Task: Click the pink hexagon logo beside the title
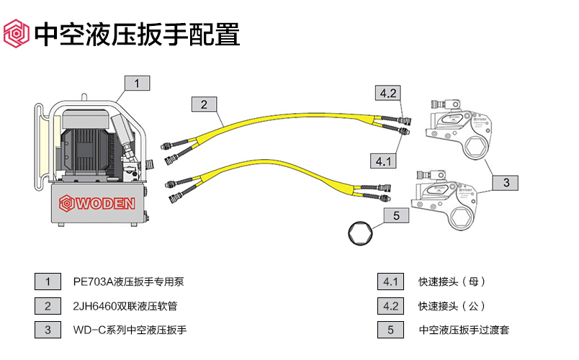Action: [17, 34]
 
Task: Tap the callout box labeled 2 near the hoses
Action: [204, 104]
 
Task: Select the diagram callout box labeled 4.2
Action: [387, 93]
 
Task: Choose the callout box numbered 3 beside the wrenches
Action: [506, 183]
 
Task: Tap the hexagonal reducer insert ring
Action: [359, 233]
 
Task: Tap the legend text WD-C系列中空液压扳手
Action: [130, 330]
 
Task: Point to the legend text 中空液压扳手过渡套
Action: [464, 330]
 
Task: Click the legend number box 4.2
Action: [390, 306]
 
